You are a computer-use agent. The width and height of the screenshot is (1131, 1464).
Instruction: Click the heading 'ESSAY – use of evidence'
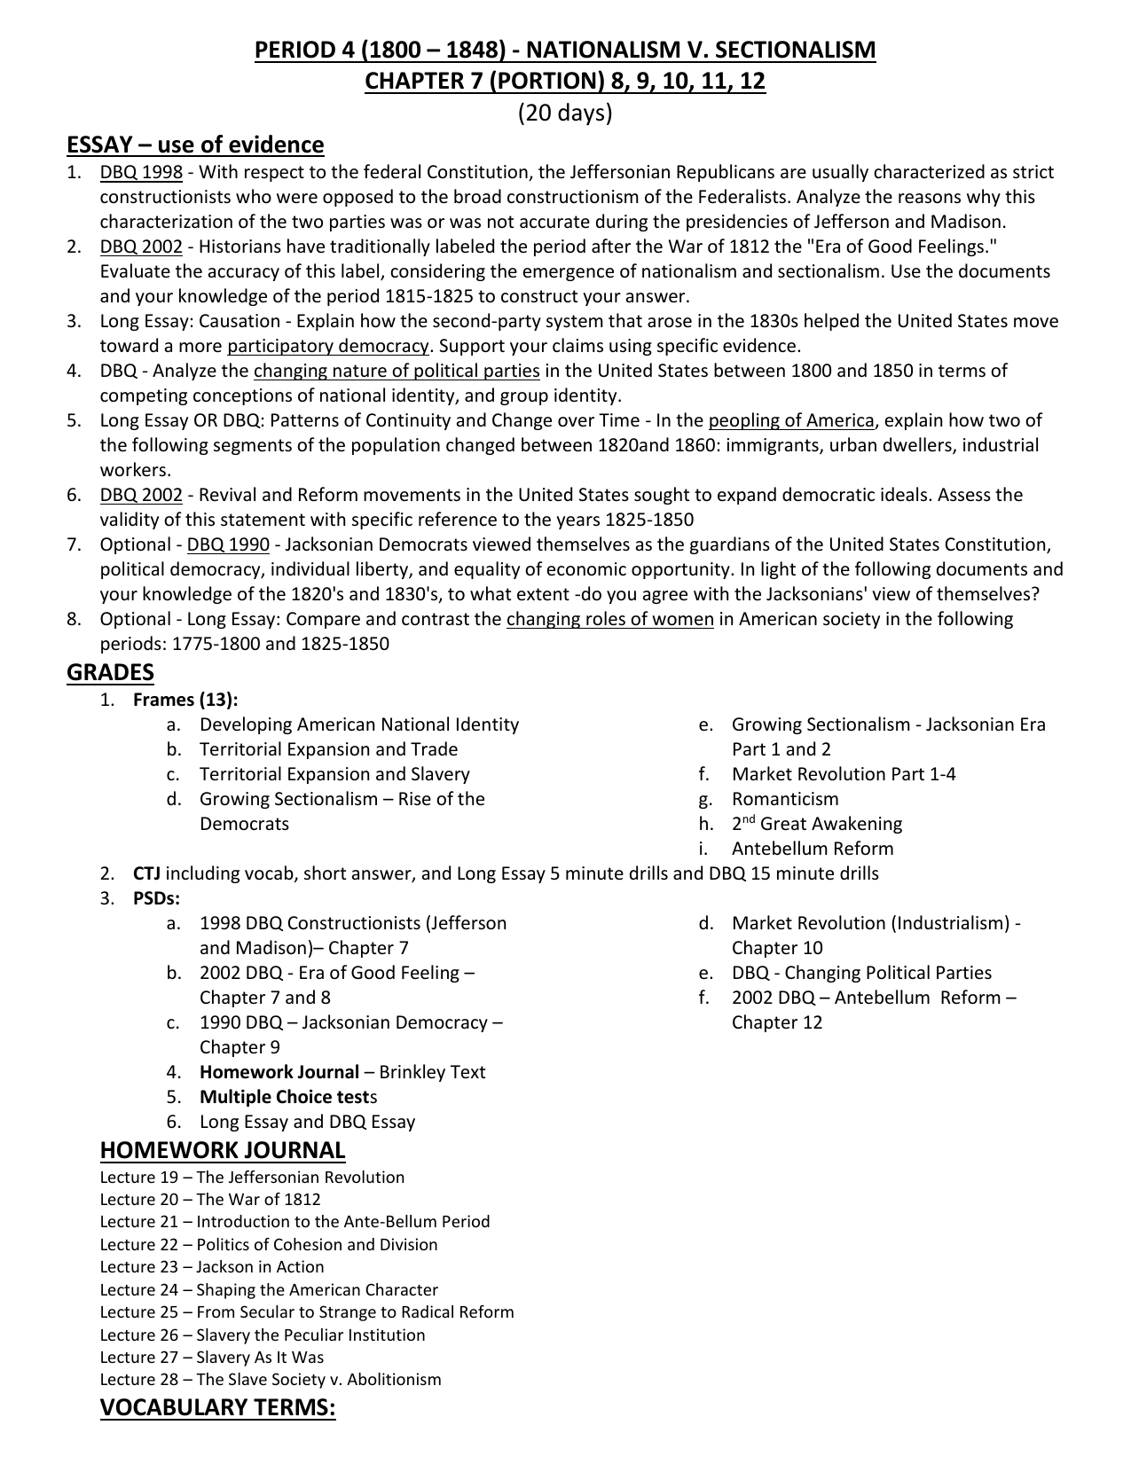click(195, 145)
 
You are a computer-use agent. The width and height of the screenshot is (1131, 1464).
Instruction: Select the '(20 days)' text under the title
click(565, 113)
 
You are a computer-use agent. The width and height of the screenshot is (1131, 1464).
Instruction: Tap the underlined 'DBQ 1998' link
click(141, 172)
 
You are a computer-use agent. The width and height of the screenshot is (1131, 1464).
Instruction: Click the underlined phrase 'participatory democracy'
click(328, 346)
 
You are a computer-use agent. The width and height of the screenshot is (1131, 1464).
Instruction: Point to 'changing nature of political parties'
click(397, 371)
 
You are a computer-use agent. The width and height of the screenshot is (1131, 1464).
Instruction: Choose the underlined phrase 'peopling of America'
click(791, 420)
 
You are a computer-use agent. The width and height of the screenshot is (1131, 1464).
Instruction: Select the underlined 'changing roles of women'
click(609, 619)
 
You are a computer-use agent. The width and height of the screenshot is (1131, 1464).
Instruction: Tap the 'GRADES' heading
click(110, 672)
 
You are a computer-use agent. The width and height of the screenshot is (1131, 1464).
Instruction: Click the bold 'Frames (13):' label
click(185, 700)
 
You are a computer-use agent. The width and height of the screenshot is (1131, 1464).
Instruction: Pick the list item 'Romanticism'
click(785, 799)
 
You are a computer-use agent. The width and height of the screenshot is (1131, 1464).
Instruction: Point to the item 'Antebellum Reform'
click(813, 849)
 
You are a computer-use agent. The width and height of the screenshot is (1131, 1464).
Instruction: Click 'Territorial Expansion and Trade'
click(328, 749)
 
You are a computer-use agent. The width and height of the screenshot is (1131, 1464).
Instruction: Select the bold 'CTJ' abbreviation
click(146, 873)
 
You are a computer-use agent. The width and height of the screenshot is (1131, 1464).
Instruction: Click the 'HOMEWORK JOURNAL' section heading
click(222, 1150)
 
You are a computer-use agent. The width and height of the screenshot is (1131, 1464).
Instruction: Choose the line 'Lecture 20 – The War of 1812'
click(210, 1200)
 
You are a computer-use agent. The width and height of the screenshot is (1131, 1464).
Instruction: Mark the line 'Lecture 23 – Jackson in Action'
click(212, 1267)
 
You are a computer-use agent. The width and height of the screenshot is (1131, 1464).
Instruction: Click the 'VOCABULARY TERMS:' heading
click(217, 1407)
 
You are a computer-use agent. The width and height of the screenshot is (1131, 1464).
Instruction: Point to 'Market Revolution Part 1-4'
click(844, 774)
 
